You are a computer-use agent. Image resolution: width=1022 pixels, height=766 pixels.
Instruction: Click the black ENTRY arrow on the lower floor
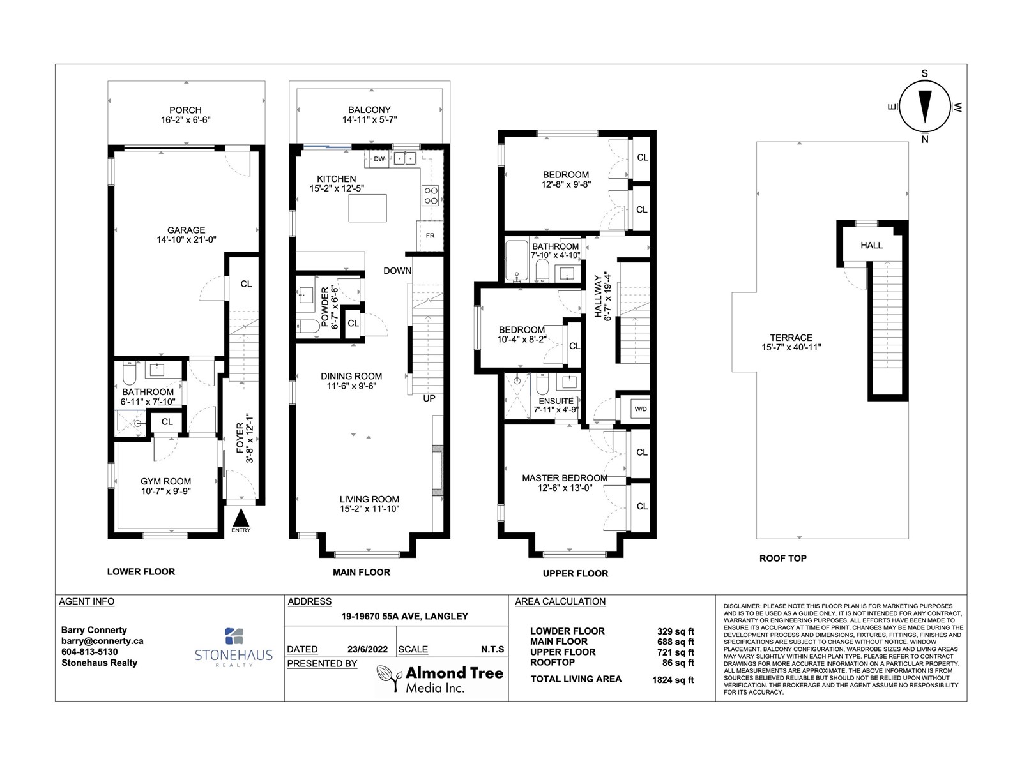point(241,516)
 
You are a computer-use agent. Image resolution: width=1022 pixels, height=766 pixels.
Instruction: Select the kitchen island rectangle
point(367,207)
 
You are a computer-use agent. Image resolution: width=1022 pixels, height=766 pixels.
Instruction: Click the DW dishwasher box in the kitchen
point(379,159)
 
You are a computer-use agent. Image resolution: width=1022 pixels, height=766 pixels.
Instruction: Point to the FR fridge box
point(430,236)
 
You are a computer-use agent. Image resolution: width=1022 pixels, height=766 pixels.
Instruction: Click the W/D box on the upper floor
point(639,409)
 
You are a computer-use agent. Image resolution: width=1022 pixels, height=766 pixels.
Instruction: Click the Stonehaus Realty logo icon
point(234,636)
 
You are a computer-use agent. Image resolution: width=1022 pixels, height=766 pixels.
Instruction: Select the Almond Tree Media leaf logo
point(387,675)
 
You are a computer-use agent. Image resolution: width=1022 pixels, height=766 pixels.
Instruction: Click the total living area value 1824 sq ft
point(676,680)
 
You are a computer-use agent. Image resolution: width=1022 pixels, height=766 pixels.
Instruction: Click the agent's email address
point(102,641)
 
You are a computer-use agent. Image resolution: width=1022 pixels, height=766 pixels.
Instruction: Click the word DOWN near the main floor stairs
point(397,271)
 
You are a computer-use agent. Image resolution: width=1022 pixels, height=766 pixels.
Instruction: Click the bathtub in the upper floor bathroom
point(517,260)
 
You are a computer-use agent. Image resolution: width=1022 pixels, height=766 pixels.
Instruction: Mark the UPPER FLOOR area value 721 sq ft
point(676,652)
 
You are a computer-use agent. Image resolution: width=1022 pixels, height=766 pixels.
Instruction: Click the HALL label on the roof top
point(871,245)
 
